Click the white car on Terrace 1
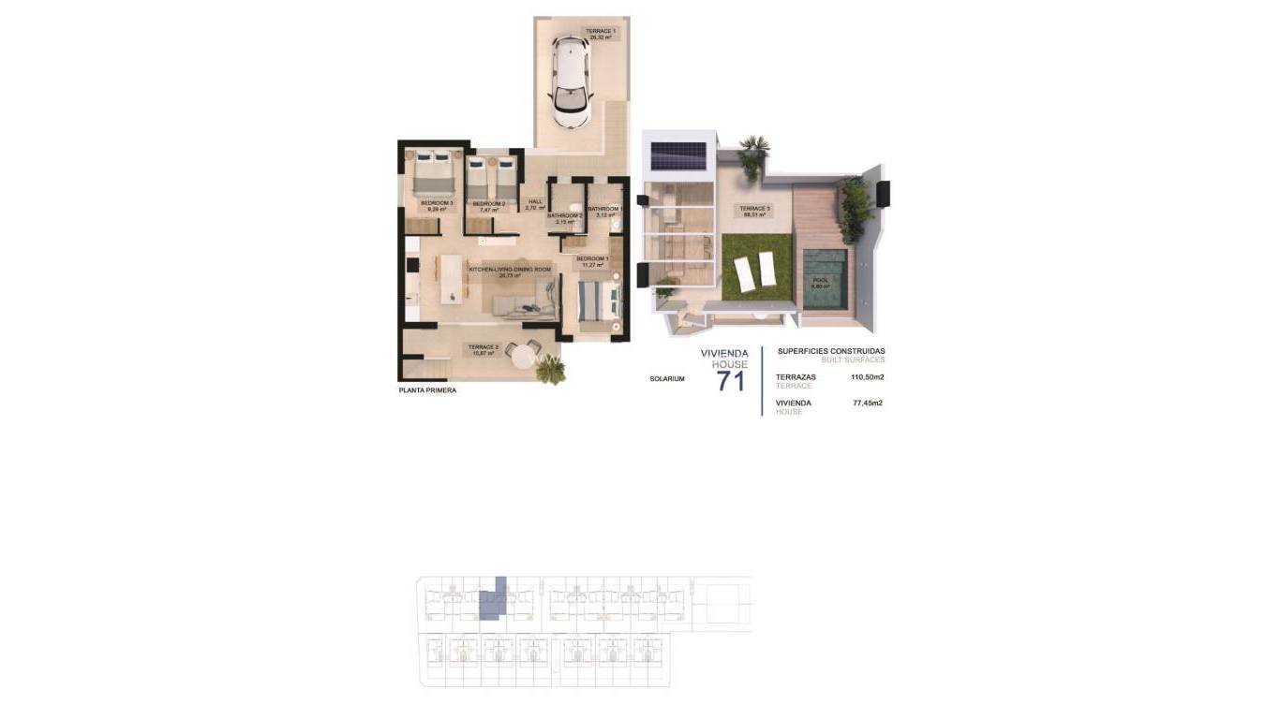[x=572, y=82]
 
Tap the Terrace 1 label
[x=600, y=35]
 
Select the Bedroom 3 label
[x=437, y=205]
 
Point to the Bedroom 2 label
[x=488, y=206]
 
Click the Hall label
[x=535, y=204]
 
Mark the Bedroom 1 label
[x=592, y=261]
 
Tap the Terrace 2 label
[x=484, y=349]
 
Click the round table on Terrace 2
[x=518, y=352]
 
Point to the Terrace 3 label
[x=755, y=211]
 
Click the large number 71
[x=730, y=381]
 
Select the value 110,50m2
[x=868, y=377]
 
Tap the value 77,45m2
[x=868, y=404]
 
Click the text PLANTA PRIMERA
[x=427, y=390]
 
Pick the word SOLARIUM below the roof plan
[x=667, y=379]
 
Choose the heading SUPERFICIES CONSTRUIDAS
[x=830, y=351]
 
